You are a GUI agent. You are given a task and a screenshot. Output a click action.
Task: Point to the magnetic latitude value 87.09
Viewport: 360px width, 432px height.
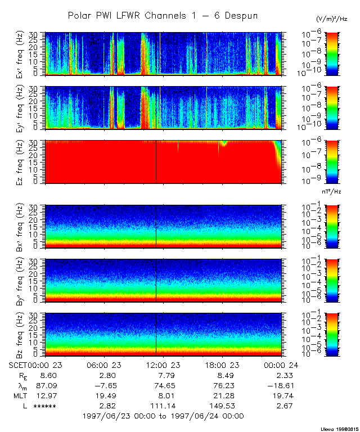44,385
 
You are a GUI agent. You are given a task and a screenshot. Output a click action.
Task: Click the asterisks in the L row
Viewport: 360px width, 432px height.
44,406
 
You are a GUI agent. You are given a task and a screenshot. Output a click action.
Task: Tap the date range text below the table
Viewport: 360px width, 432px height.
163,416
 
